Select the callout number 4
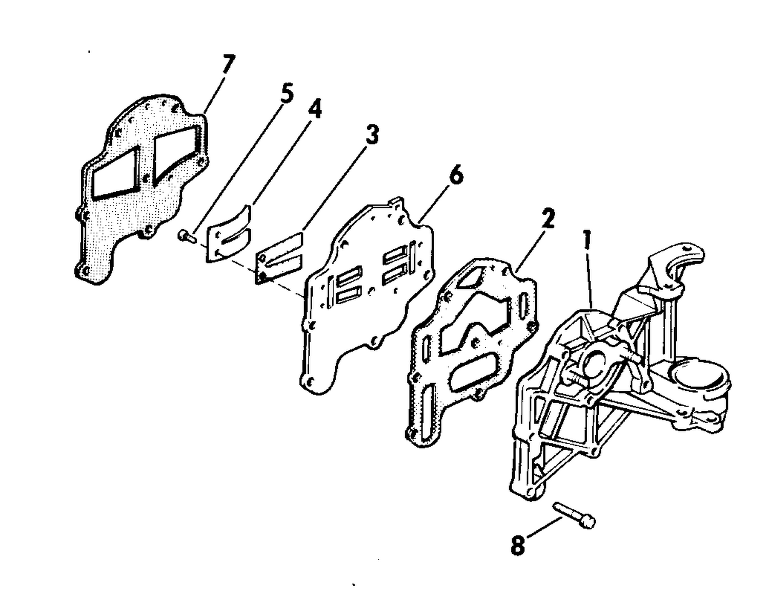point(313,109)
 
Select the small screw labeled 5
point(186,235)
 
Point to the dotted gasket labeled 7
point(141,188)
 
